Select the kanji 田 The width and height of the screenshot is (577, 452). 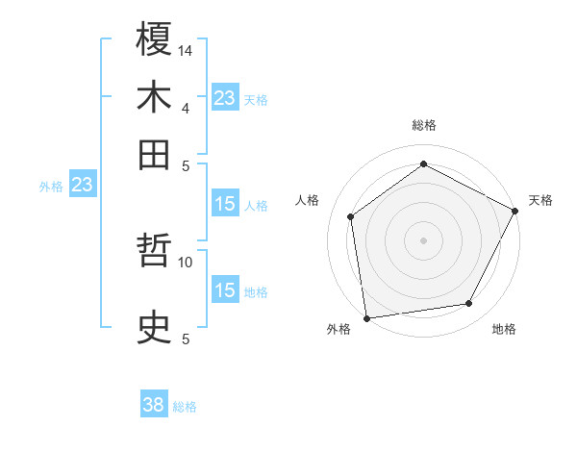(x=155, y=154)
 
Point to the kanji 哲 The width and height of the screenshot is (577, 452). (x=155, y=253)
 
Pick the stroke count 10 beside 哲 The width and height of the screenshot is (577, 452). (x=186, y=261)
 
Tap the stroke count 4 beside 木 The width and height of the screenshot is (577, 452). (x=185, y=108)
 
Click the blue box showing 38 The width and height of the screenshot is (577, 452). (x=154, y=406)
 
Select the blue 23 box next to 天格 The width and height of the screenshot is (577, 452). (x=224, y=98)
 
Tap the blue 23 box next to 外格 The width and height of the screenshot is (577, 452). (x=82, y=185)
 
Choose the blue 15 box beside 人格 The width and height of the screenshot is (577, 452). (x=224, y=204)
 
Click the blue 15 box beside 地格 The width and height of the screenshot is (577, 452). (x=224, y=290)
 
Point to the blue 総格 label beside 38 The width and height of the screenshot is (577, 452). (x=185, y=407)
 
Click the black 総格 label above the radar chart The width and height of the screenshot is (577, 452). (x=424, y=125)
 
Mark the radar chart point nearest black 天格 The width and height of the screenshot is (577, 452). (x=515, y=212)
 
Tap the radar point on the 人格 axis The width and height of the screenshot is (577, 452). (x=351, y=216)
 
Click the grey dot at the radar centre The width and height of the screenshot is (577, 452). (x=424, y=239)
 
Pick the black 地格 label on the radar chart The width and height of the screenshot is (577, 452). (x=504, y=329)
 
